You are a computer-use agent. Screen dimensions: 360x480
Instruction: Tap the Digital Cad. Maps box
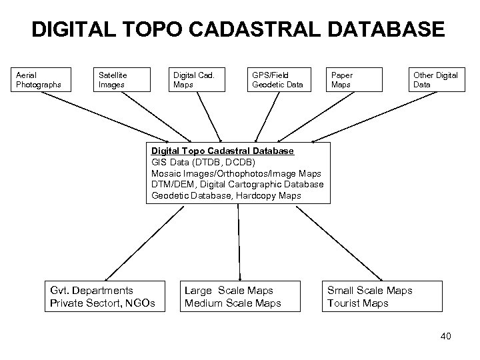(x=197, y=79)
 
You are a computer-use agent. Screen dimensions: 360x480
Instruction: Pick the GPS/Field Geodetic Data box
(x=278, y=79)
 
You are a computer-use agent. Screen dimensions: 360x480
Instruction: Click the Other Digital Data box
(x=435, y=79)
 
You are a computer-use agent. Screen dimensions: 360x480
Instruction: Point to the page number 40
(x=445, y=336)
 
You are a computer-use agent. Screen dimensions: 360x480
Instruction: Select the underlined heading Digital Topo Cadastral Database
(x=222, y=151)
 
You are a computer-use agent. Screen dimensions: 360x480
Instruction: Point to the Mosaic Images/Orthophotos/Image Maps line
(x=236, y=173)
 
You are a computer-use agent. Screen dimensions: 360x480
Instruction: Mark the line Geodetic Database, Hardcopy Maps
(x=226, y=195)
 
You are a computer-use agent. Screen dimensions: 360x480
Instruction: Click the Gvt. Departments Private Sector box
(x=103, y=297)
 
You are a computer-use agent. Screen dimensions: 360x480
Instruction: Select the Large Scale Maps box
(x=233, y=297)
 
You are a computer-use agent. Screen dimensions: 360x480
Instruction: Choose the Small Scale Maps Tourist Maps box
(x=379, y=297)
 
